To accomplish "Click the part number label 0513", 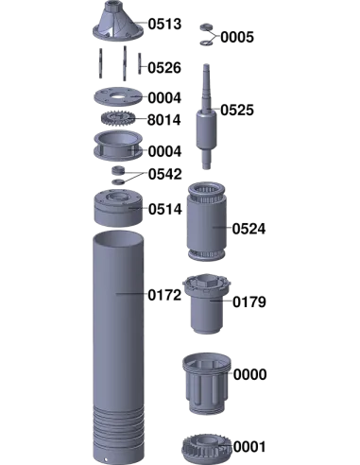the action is [x=164, y=25].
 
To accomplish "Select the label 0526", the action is [x=164, y=68].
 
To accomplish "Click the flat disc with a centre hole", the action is [x=118, y=96].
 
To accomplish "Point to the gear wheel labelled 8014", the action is [x=118, y=119].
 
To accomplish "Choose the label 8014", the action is [x=164, y=120].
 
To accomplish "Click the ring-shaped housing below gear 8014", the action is [x=118, y=146].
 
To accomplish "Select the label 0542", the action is [x=165, y=174].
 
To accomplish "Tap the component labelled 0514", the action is [x=118, y=207].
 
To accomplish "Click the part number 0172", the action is [x=164, y=295].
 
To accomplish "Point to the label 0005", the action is [x=237, y=37].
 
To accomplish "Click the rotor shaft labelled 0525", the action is [x=206, y=117].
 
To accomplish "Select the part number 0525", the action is [x=237, y=110].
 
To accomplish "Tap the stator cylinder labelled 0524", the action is [x=207, y=221].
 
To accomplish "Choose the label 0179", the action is [x=249, y=302].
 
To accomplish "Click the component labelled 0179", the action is [x=207, y=303].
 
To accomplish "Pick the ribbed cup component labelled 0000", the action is [x=207, y=384].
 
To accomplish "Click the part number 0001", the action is [x=249, y=447].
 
